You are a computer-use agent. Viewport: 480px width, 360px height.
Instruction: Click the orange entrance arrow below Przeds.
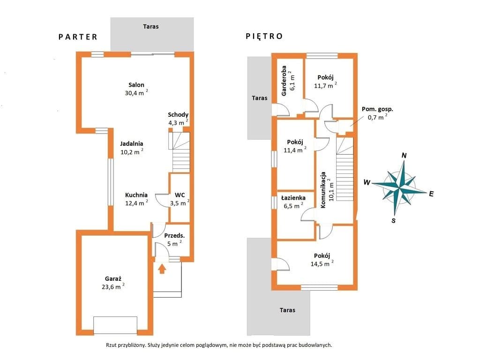click(162, 269)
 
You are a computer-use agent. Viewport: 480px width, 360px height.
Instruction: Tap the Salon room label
click(136, 85)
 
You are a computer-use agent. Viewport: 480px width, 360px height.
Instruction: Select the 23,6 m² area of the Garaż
click(113, 286)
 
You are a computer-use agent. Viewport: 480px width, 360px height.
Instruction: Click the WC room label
click(180, 195)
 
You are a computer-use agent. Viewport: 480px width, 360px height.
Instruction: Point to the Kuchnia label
click(136, 195)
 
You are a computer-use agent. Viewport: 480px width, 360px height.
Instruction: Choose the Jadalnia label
click(132, 143)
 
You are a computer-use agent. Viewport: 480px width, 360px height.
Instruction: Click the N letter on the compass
click(404, 156)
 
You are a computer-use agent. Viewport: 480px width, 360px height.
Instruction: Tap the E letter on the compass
click(431, 194)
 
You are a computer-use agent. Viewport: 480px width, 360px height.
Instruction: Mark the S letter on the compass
click(394, 220)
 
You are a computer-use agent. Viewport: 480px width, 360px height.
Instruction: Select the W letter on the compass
click(367, 182)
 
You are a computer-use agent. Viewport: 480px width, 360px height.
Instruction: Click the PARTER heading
click(78, 37)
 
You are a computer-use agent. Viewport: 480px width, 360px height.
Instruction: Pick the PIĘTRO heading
click(264, 36)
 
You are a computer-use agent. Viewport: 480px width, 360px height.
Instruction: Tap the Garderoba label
click(284, 81)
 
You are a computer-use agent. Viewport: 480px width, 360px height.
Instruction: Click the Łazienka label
click(293, 198)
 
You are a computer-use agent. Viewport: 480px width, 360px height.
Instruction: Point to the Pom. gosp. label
click(377, 109)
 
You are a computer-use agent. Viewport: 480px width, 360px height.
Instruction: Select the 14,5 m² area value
click(322, 263)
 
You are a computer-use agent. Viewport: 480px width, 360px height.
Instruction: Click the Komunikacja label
click(323, 190)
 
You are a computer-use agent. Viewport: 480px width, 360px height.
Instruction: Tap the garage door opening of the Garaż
click(115, 325)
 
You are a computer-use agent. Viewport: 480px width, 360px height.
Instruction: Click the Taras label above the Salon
click(151, 27)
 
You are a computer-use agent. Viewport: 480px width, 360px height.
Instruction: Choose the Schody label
click(178, 115)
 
